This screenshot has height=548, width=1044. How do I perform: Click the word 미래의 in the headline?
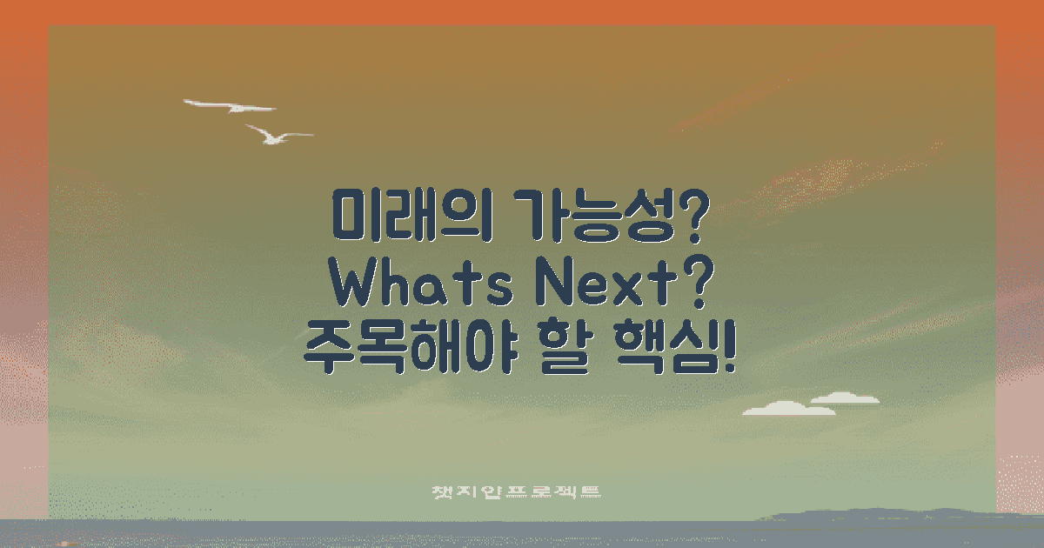point(405,214)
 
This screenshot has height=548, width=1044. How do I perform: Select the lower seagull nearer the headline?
point(277,135)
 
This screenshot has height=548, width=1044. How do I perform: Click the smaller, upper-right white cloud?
point(844,398)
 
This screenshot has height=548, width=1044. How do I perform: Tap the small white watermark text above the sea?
point(517,492)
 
